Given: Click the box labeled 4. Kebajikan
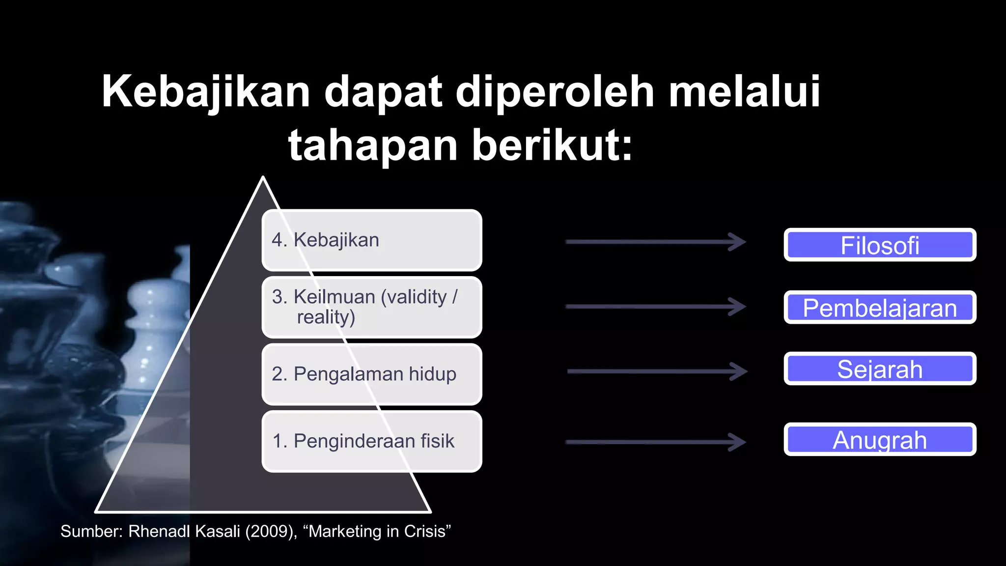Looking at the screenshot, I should pos(372,240).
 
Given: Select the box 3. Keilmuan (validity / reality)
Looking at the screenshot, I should pos(372,307).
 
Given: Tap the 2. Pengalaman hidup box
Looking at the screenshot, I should pos(372,374).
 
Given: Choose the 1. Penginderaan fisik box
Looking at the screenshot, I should pos(372,441).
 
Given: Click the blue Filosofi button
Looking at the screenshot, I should pos(880,245).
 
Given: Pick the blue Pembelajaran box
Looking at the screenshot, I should pos(880,308).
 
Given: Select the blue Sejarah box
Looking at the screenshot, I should pos(880,369).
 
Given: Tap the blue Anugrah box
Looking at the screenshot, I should pos(880,440).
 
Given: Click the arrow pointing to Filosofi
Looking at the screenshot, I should pos(656,241).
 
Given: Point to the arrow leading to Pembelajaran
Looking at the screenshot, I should pos(656,307).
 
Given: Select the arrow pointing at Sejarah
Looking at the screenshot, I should pos(657,371).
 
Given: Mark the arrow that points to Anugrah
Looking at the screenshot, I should pos(656,442).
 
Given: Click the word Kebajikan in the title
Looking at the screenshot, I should pos(206,92).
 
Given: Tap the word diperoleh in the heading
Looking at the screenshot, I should pos(555,92).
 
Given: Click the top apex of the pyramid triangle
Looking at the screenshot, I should pos(263,178).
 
